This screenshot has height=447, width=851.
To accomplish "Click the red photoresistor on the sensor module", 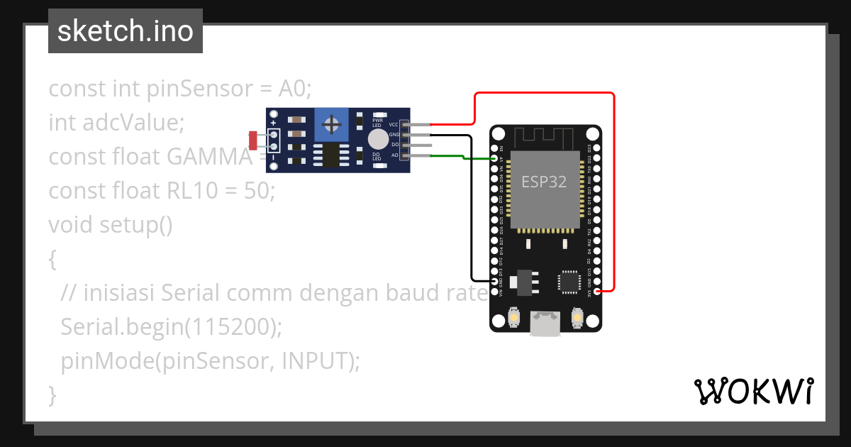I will tap(253, 140).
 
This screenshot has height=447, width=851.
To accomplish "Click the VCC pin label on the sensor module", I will tap(394, 124).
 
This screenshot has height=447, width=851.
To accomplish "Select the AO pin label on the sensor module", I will tap(395, 155).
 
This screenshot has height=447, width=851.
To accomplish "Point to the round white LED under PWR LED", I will tap(378, 138).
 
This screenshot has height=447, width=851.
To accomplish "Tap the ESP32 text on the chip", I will tap(544, 181).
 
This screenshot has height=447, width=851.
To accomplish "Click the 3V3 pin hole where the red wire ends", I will tap(598, 291).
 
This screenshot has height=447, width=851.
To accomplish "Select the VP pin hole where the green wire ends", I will tap(495, 159).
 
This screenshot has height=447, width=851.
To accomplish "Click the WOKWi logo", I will tap(753, 391).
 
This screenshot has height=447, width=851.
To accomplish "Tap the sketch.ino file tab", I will tap(126, 31).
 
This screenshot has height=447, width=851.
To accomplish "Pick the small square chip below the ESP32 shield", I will tap(570, 282).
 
